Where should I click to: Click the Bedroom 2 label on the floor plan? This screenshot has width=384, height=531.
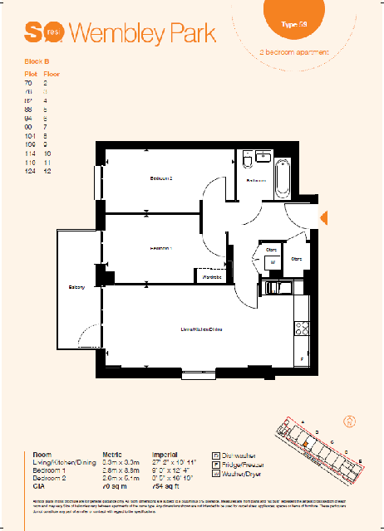(x=160, y=178)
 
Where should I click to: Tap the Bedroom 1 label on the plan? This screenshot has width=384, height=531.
(x=160, y=248)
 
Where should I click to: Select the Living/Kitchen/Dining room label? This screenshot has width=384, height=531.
(x=202, y=329)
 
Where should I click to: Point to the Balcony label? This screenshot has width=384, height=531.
(x=78, y=287)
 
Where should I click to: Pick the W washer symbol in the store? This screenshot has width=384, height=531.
(x=271, y=261)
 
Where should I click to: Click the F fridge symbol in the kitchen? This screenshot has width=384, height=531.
(x=302, y=358)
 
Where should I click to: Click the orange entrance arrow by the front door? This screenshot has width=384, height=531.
(x=325, y=217)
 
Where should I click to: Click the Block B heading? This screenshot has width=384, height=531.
(x=37, y=62)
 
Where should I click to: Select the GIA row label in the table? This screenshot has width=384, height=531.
(x=38, y=485)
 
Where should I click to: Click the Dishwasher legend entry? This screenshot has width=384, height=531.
(x=241, y=455)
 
